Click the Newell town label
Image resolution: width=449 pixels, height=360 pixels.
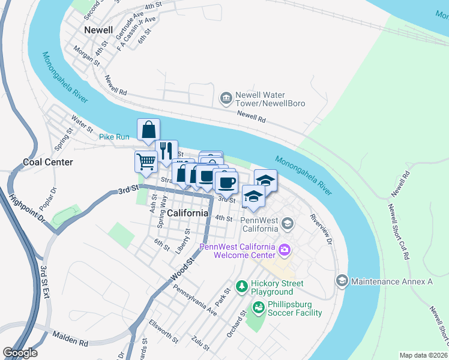click(98, 30)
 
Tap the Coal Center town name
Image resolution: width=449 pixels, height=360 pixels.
click(48, 162)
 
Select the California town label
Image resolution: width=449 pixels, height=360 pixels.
click(188, 213)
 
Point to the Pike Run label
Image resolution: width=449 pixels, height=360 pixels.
click(114, 137)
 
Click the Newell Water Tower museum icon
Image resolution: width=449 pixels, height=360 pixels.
click(226, 98)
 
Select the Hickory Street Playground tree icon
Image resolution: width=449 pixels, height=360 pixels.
click(241, 286)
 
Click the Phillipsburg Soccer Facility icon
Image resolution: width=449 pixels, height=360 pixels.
click(259, 308)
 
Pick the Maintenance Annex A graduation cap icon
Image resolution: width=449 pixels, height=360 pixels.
click(342, 281)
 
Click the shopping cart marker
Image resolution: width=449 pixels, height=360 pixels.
click(146, 161)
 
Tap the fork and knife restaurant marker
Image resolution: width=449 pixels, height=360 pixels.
click(166, 150)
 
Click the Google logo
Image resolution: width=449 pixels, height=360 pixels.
click(20, 353)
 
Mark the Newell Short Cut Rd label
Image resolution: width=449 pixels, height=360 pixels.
click(398, 232)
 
